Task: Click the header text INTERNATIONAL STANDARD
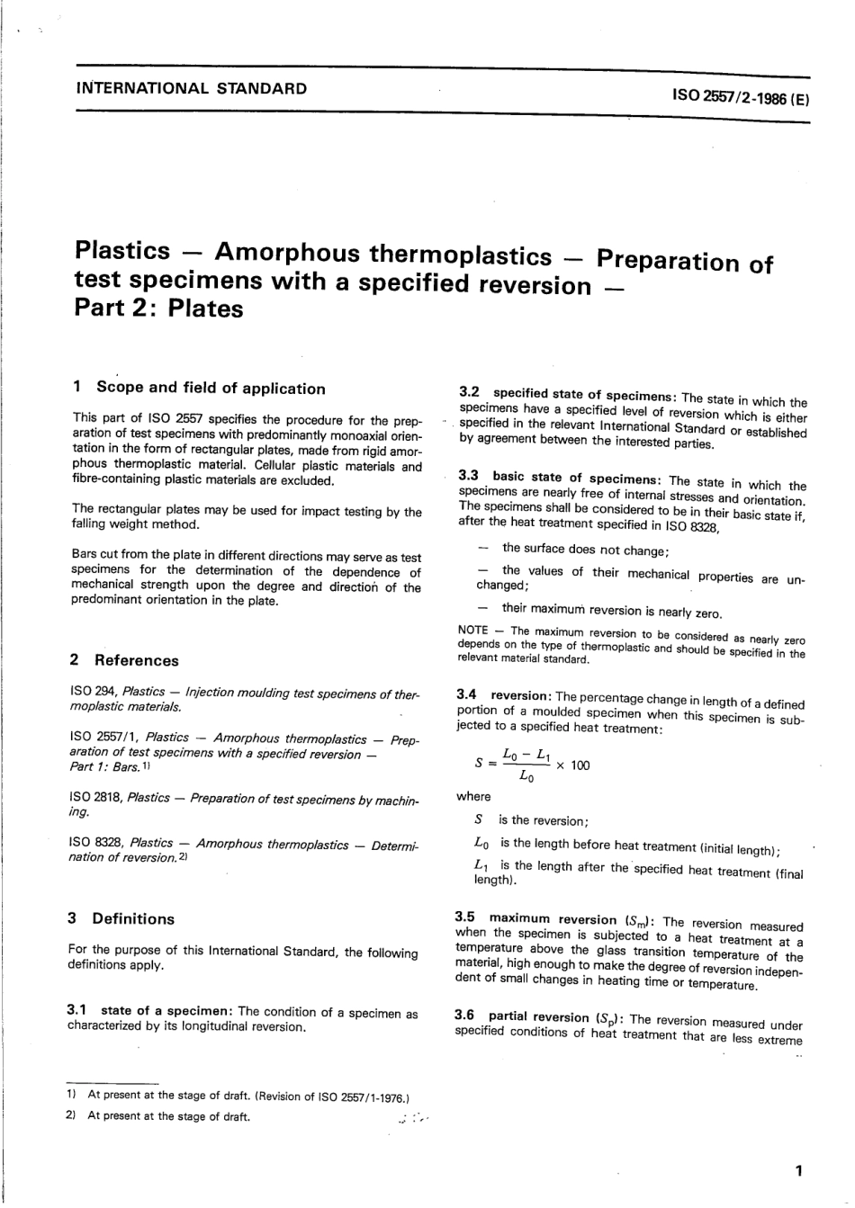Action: pyautogui.click(x=192, y=88)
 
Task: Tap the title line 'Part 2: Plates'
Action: pyautogui.click(x=159, y=309)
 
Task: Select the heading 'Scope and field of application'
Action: pyautogui.click(x=211, y=389)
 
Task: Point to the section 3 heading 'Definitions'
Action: pyautogui.click(x=133, y=918)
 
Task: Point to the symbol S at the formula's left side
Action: pyautogui.click(x=479, y=765)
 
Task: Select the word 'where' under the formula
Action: pyautogui.click(x=474, y=796)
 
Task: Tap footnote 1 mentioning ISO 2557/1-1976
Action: pyautogui.click(x=248, y=1096)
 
